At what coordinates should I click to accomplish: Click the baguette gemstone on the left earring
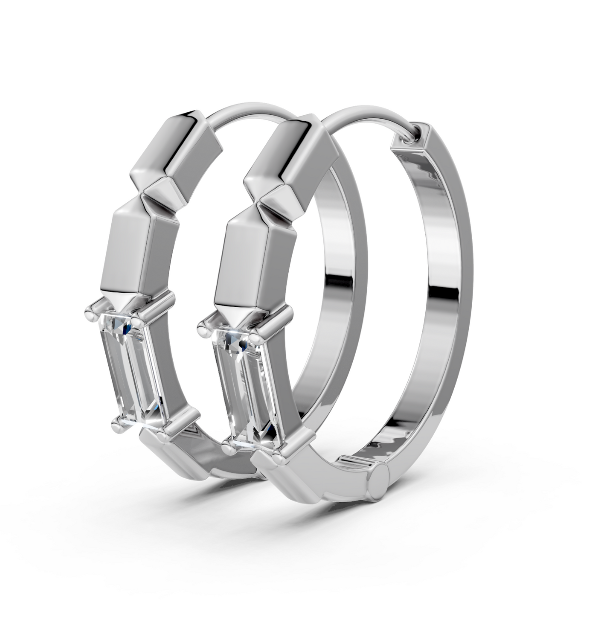(x=132, y=371)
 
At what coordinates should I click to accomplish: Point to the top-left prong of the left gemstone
(x=91, y=310)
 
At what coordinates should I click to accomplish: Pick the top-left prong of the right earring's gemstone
(x=205, y=324)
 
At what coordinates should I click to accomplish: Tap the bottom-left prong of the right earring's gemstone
(x=228, y=443)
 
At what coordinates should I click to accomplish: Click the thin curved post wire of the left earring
(x=244, y=110)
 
